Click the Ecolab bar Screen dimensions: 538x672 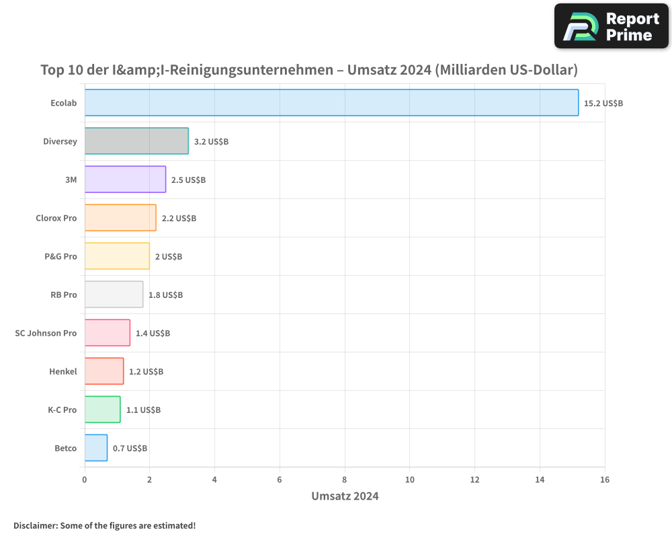(x=331, y=103)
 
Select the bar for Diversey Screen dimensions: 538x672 (x=136, y=141)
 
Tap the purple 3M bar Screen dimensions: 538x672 (x=125, y=180)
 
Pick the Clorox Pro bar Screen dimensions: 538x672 (x=120, y=218)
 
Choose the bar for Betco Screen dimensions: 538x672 (x=96, y=448)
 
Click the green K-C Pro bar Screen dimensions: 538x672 (x=102, y=410)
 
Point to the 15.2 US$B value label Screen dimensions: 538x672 (x=603, y=104)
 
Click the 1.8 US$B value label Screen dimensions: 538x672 (x=165, y=295)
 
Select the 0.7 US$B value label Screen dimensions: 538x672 (x=130, y=448)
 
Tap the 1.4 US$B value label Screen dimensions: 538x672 (x=153, y=333)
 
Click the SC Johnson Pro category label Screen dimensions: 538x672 (x=46, y=333)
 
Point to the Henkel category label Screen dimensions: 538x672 (x=63, y=371)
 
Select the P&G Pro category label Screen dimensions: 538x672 (x=60, y=256)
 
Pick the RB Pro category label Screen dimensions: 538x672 (x=64, y=295)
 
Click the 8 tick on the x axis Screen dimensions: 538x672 (x=345, y=479)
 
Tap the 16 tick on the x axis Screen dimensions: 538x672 (x=605, y=479)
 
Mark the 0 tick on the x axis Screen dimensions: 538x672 (x=85, y=479)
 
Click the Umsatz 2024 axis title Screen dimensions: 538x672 (x=345, y=496)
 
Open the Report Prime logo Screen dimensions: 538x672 (x=611, y=26)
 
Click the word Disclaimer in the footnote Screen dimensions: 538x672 (x=35, y=525)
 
